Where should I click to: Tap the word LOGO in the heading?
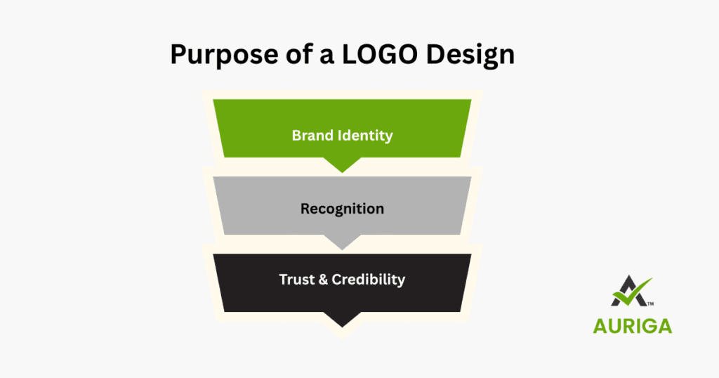369,54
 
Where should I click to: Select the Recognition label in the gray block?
342,209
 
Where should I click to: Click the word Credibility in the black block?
368,279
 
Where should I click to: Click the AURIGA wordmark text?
633,326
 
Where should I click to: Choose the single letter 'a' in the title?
322,56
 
